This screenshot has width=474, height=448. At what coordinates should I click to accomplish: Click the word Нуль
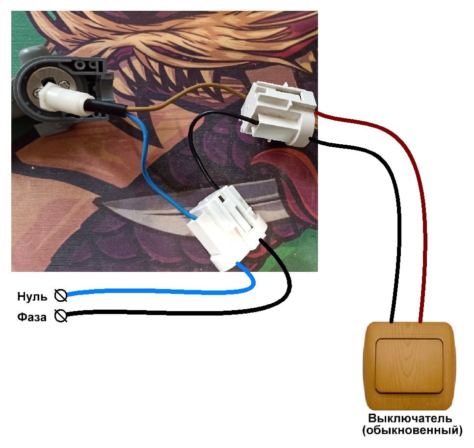click(32, 296)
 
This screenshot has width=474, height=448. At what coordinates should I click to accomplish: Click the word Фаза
click(32, 317)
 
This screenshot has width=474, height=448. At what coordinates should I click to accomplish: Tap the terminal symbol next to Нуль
click(61, 295)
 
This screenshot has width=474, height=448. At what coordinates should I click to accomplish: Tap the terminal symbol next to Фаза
click(61, 316)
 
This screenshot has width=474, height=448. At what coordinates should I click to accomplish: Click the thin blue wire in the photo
click(147, 162)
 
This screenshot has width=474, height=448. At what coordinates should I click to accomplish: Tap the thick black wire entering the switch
click(395, 221)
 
